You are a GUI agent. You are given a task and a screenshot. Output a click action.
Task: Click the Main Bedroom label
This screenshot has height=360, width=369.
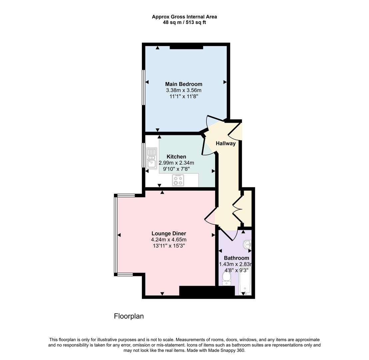[184, 84]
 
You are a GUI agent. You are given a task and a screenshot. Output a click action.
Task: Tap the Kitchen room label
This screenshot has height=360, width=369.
[176, 157]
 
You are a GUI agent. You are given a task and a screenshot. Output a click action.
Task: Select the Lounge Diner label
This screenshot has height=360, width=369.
[169, 234]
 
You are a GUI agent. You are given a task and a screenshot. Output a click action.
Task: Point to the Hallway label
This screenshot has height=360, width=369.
[225, 143]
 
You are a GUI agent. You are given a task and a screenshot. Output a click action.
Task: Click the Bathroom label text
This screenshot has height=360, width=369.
[236, 258]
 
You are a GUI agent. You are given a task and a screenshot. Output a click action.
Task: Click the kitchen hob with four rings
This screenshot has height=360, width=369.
[178, 180]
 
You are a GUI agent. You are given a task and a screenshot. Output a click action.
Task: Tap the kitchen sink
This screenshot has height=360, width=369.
[152, 158]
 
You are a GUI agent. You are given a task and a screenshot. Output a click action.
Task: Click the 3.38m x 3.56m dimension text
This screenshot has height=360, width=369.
[184, 90]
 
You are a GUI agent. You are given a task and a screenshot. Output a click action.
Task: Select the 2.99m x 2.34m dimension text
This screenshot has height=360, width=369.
[176, 163]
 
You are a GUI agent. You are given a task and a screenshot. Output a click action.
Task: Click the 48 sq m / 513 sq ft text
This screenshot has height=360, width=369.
[184, 22]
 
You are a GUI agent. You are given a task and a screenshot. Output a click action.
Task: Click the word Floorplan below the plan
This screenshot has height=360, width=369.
[129, 316]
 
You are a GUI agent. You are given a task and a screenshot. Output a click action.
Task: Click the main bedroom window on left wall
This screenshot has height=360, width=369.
[144, 87]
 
